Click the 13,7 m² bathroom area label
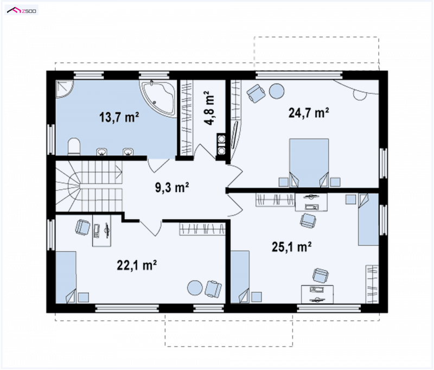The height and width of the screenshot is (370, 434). click(x=119, y=117)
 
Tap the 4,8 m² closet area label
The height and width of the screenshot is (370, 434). click(x=209, y=108)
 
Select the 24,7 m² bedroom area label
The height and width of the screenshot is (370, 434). click(x=309, y=113)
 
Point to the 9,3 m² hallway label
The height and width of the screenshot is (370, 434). click(x=172, y=187)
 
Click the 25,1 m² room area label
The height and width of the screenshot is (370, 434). click(x=291, y=246)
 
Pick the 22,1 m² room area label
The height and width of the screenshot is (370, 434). click(x=137, y=265)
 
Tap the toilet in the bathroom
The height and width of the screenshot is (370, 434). click(x=74, y=146)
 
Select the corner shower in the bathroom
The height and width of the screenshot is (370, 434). click(x=65, y=89)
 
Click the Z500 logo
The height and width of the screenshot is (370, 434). click(x=22, y=11)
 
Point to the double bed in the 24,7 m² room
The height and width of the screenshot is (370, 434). click(x=309, y=163)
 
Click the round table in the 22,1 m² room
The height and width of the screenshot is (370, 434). click(x=195, y=288)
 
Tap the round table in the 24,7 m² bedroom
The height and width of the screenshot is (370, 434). click(x=277, y=91)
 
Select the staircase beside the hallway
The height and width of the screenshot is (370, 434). click(x=89, y=187)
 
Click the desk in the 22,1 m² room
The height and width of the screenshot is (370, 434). click(x=101, y=231)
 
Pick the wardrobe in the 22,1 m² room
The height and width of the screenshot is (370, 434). click(x=202, y=229)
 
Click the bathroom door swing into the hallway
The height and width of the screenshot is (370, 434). click(x=158, y=165)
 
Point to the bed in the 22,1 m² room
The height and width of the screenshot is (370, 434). click(x=66, y=277)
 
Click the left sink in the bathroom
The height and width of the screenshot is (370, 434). click(x=101, y=152)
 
